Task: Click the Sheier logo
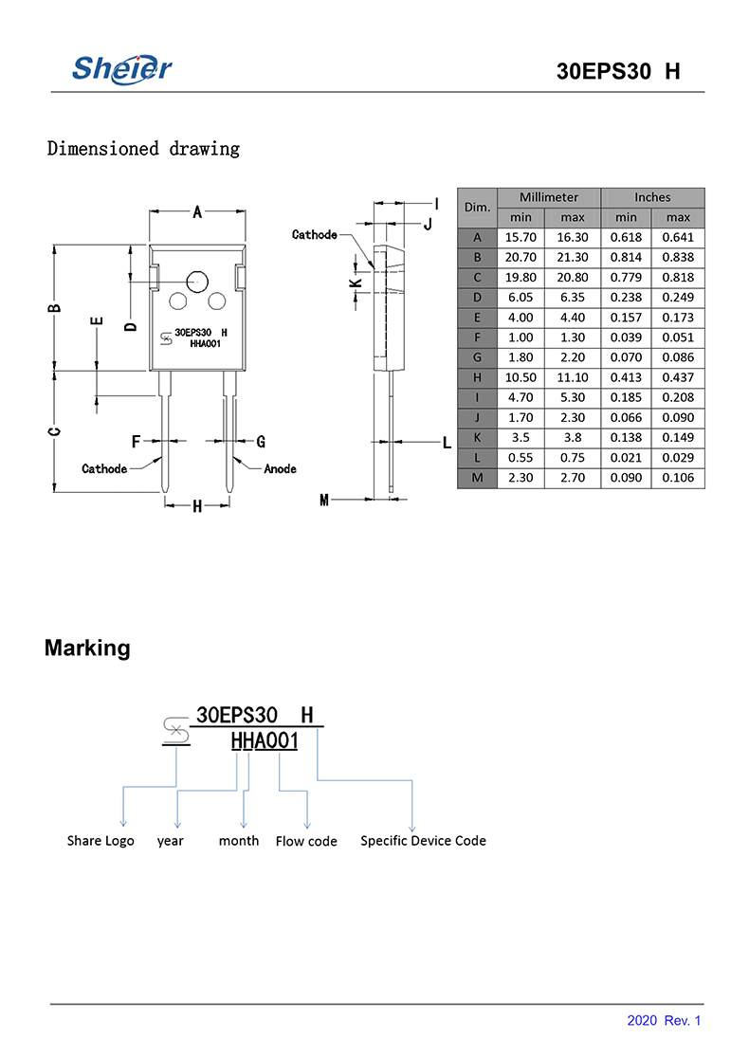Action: pos(122,68)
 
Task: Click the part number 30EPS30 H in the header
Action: pos(618,73)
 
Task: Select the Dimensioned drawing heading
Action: pos(143,149)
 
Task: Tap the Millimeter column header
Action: pos(548,197)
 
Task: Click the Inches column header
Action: pos(652,197)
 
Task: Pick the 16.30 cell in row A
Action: pos(573,237)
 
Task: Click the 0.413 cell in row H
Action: pos(626,377)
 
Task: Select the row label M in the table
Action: pos(477,478)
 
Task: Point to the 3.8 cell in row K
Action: pos(573,438)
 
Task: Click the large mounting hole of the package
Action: pos(198,281)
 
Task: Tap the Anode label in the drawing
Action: pos(280,469)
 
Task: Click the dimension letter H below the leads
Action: pos(197,506)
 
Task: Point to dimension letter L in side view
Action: pos(446,443)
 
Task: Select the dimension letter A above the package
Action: pos(197,212)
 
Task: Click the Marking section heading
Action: pos(87,648)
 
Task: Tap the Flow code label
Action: pos(306,841)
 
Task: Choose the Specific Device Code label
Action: pos(423,841)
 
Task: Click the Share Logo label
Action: pos(100,841)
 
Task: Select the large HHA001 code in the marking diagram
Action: pos(265,741)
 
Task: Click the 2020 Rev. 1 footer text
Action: pos(664,1021)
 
